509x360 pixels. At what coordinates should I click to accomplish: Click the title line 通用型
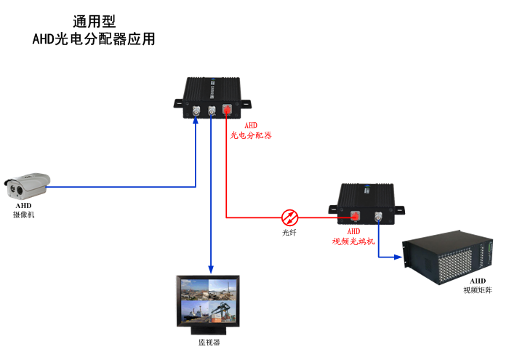point(95,22)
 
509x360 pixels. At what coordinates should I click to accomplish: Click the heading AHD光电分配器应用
point(95,39)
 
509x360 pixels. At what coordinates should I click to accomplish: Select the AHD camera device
point(25,185)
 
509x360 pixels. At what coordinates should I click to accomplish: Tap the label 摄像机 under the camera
point(23,215)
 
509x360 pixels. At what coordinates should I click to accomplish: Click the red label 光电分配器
point(251,135)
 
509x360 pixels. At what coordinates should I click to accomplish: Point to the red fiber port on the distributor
point(227,111)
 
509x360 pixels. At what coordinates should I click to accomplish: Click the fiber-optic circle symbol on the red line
point(289,216)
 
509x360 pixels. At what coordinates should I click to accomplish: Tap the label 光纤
point(289,232)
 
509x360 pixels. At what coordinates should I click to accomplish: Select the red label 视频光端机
point(353,241)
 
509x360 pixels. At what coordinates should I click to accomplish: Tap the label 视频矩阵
point(478,290)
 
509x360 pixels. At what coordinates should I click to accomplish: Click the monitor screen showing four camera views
point(209,299)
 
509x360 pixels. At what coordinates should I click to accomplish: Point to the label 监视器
point(209,341)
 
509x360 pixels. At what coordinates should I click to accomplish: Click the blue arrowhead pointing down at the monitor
point(211,269)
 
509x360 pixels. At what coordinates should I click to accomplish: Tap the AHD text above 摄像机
point(23,206)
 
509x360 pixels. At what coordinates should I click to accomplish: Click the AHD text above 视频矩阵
point(478,281)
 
